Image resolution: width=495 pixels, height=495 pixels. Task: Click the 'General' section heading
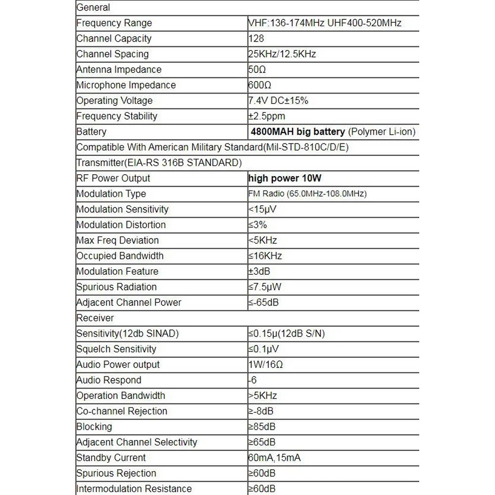tap(93, 7)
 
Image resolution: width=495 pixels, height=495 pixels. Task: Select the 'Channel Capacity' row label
tap(114, 39)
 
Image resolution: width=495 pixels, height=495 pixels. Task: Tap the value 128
tap(256, 39)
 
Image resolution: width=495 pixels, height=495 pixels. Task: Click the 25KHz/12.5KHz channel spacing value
tap(282, 54)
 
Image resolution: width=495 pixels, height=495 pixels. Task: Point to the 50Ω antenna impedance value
tap(257, 70)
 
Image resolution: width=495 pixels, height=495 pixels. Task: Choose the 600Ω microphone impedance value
tap(260, 85)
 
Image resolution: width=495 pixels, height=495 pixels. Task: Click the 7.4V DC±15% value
tap(278, 100)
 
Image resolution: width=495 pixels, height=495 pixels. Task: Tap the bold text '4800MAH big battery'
tap(298, 132)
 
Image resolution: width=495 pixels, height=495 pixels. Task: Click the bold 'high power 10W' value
tap(288, 178)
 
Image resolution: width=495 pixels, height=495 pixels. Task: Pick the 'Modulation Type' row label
tap(111, 194)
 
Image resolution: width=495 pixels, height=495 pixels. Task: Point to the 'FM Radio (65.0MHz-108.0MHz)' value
tap(307, 194)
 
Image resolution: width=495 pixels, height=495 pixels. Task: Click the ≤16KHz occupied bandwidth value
tap(265, 256)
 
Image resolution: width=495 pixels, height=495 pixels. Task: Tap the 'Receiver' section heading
tap(95, 318)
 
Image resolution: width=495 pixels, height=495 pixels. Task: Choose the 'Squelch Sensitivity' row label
tap(116, 349)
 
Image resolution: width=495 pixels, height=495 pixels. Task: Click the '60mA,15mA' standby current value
tap(274, 458)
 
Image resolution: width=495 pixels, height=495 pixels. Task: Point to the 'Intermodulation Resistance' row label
tap(134, 489)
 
